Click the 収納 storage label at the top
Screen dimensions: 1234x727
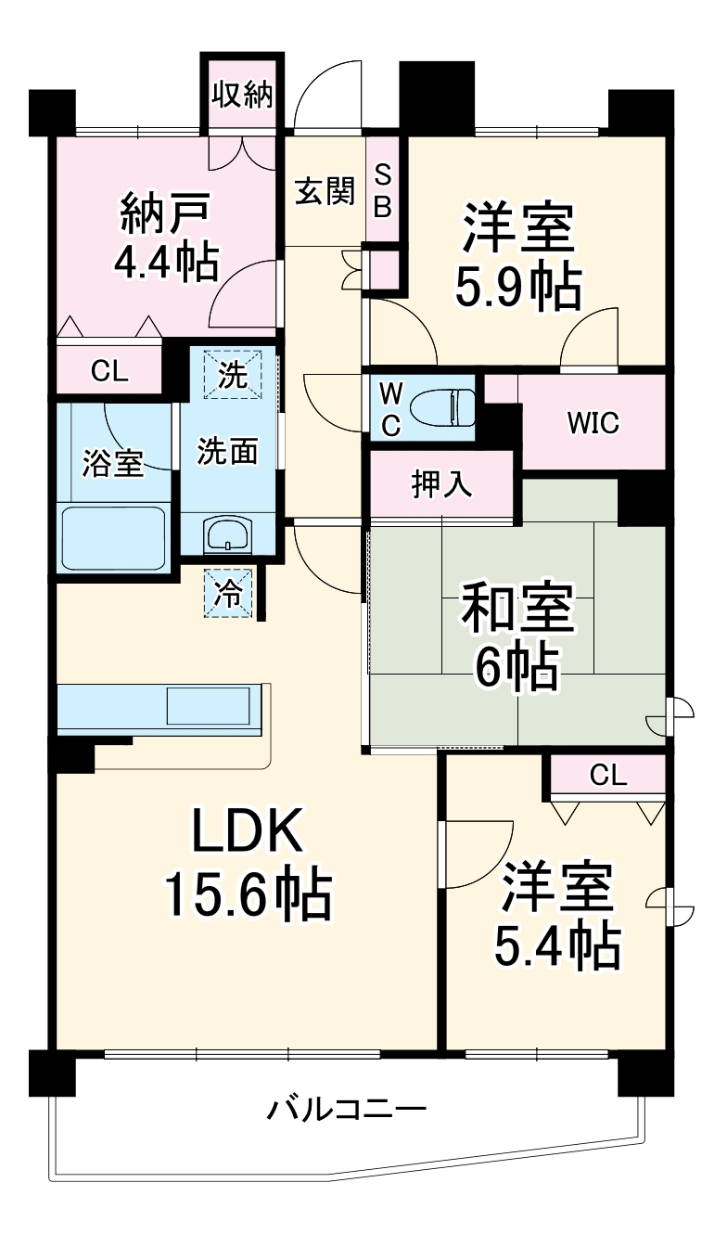[x=242, y=95]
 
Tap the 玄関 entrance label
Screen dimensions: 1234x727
[x=325, y=191]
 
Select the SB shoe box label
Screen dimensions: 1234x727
[x=382, y=191]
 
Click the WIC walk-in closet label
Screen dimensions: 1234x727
[x=593, y=423]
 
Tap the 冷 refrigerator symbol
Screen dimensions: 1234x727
[x=227, y=593]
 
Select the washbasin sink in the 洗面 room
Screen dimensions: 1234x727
[x=227, y=535]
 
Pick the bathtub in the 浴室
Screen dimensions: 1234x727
[x=113, y=539]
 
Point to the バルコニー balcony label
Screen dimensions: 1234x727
[x=347, y=1109]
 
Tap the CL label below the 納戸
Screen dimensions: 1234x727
[x=108, y=371]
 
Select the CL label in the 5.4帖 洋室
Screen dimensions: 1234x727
[x=608, y=775]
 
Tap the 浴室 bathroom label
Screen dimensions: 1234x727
[x=112, y=464]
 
